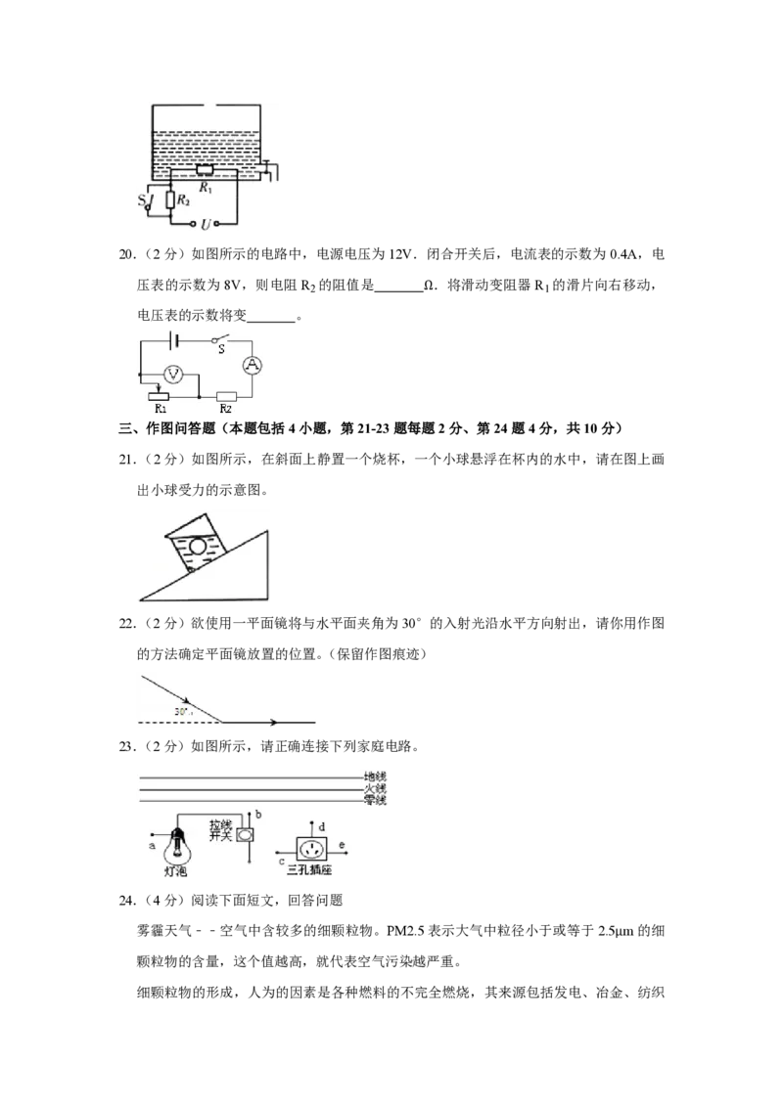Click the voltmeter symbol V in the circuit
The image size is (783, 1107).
point(173,375)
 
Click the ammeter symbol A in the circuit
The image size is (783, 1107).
point(253,365)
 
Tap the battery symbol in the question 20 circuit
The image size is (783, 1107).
point(174,341)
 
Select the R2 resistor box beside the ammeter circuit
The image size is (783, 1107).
point(226,397)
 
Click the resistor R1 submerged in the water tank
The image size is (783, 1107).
point(205,171)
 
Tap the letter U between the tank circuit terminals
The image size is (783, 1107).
point(206,225)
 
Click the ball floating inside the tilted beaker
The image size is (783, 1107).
point(197,546)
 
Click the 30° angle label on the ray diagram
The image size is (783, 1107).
point(183,712)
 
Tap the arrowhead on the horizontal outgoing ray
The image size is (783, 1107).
point(273,723)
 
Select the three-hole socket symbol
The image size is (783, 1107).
point(311,847)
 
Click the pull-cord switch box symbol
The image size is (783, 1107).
point(246,834)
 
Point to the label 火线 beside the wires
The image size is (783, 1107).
point(375,788)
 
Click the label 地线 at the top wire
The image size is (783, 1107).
point(375,776)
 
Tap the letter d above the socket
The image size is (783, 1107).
point(322,826)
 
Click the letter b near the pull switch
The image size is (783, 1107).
point(258,814)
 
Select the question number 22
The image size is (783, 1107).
point(127,623)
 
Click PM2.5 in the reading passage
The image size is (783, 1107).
point(405,931)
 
